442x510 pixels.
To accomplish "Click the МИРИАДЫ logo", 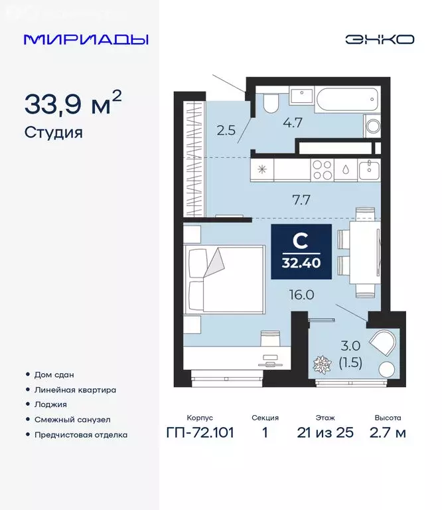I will tap(86, 39).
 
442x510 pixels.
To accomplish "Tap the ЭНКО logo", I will tap(380, 39).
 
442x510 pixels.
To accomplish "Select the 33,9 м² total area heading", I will tap(73, 105).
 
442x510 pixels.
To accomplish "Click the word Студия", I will tap(53, 132).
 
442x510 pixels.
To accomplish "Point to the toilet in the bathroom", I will tap(270, 103).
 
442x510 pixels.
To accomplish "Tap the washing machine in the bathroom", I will tap(373, 126).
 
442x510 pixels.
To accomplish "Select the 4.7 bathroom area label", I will tap(293, 122).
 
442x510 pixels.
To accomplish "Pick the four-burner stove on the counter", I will tap(322, 170).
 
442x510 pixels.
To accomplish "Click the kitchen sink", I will tap(368, 169).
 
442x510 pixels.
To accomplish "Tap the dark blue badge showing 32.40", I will tap(301, 247).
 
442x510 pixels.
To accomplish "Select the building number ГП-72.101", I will tap(200, 433).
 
